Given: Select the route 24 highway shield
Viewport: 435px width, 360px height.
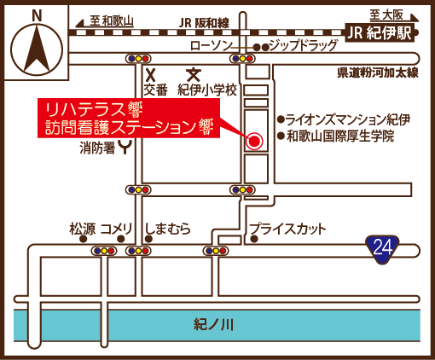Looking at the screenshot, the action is pyautogui.click(x=382, y=248).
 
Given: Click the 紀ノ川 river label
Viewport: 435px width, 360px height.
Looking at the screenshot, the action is pyautogui.click(x=214, y=324).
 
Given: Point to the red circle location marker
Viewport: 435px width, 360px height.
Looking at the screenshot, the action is pyautogui.click(x=254, y=141).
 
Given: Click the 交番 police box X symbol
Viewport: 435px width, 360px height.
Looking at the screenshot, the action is pyautogui.click(x=151, y=75).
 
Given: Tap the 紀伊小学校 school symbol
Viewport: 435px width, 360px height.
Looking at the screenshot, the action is pyautogui.click(x=194, y=74).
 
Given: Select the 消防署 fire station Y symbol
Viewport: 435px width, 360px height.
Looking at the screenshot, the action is pyautogui.click(x=125, y=148).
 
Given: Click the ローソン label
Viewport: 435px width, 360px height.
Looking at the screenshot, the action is pyautogui.click(x=211, y=46).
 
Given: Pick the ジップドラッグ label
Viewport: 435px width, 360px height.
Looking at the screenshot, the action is pyautogui.click(x=304, y=45).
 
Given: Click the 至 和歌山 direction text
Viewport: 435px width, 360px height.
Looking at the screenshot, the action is pyautogui.click(x=112, y=20).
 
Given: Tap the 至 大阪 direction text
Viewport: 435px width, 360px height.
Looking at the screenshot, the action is pyautogui.click(x=386, y=15).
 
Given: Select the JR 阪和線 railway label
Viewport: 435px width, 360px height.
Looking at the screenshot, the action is pyautogui.click(x=204, y=23).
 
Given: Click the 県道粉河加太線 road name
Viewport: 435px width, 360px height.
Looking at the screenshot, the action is pyautogui.click(x=378, y=73).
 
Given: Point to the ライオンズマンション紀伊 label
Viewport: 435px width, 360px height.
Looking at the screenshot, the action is pyautogui.click(x=348, y=119).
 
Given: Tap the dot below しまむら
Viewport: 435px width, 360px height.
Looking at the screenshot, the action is pyautogui.click(x=148, y=239).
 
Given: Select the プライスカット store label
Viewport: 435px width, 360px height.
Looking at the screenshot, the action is pyautogui.click(x=287, y=229).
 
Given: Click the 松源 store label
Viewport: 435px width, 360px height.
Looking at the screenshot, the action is pyautogui.click(x=82, y=229).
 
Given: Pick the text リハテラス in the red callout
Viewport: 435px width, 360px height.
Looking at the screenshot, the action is pyautogui.click(x=84, y=110).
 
